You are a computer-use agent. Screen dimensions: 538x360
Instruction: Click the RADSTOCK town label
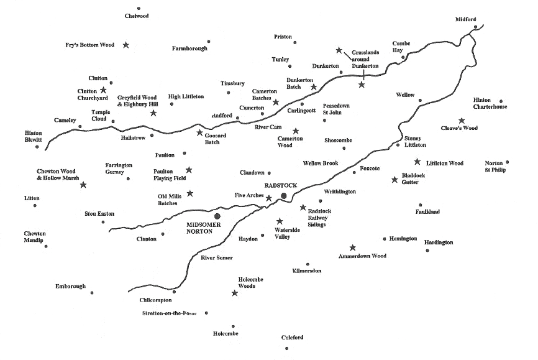coord(281,185)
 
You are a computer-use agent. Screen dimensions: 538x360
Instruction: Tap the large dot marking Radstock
coord(284,196)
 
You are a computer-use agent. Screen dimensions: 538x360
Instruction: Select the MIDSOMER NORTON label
coord(204,227)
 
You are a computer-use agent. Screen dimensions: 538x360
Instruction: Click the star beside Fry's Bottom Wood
coord(126,45)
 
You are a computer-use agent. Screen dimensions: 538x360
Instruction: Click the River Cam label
coord(268,127)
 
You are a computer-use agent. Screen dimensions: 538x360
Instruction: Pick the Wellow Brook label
coord(320,164)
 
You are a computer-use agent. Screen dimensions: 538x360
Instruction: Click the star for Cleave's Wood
coord(462,121)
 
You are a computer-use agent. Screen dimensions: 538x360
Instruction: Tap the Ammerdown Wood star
coord(353,247)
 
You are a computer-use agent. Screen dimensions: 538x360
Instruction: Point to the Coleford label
coord(292,337)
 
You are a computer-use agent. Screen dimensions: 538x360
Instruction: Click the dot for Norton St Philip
coord(508,162)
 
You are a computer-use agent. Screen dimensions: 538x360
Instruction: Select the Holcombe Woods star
coord(235,293)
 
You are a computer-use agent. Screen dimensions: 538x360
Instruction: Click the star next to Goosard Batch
coord(199,132)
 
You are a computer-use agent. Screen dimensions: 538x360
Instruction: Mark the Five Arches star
coord(269,198)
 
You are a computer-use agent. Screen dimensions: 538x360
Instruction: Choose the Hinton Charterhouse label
coord(490,103)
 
